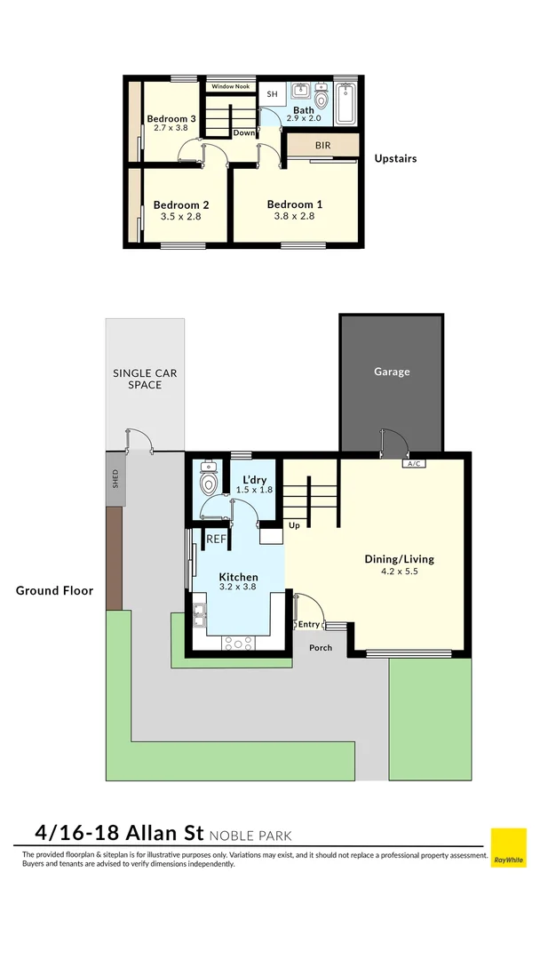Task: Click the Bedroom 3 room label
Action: point(171,118)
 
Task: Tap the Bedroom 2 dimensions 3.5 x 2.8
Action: point(180,216)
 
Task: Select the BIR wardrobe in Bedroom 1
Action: point(323,144)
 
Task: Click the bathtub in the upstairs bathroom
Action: point(346,102)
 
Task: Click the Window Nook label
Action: point(230,86)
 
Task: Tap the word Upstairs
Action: point(395,159)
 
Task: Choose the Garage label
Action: point(392,372)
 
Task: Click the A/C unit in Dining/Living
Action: point(412,463)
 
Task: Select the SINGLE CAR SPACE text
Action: point(144,379)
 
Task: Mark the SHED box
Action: point(114,479)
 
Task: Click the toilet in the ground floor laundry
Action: point(210,481)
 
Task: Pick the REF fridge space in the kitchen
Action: point(216,540)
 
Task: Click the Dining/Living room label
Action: point(399,559)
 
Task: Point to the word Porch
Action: point(321,647)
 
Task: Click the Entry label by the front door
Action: point(308,624)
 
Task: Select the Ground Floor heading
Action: point(54,590)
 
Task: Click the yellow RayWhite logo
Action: point(508,848)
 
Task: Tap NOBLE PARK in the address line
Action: point(250,836)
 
